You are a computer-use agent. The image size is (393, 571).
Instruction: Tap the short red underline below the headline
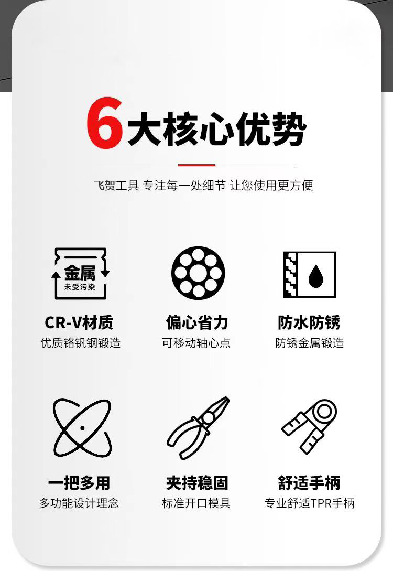pyautogui.click(x=196, y=165)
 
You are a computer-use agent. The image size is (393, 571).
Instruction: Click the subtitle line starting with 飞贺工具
pyautogui.click(x=203, y=186)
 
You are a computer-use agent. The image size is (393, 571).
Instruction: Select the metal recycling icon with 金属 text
pyautogui.click(x=80, y=273)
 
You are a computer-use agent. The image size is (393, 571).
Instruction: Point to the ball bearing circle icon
pyautogui.click(x=198, y=273)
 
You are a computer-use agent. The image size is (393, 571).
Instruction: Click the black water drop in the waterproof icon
pyautogui.click(x=315, y=276)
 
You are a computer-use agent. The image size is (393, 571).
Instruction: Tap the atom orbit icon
pyautogui.click(x=82, y=427)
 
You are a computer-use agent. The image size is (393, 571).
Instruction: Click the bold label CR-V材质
pyautogui.click(x=79, y=322)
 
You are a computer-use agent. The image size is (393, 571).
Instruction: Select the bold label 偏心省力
pyautogui.click(x=197, y=322)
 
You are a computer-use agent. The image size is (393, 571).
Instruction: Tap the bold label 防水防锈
pyautogui.click(x=309, y=322)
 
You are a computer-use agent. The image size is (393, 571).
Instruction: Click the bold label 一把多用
pyautogui.click(x=79, y=483)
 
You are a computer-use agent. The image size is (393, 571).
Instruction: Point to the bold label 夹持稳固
pyautogui.click(x=197, y=483)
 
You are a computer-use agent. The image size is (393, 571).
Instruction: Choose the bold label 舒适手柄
pyautogui.click(x=309, y=483)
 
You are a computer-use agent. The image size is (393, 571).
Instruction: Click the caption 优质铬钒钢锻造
pyautogui.click(x=80, y=343)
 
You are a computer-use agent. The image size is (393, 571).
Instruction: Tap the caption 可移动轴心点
pyautogui.click(x=196, y=343)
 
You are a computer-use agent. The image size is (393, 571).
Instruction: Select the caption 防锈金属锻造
pyautogui.click(x=310, y=343)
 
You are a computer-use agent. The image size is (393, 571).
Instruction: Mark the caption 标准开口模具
pyautogui.click(x=196, y=504)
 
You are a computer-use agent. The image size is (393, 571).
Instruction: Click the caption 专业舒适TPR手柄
pyautogui.click(x=310, y=504)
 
